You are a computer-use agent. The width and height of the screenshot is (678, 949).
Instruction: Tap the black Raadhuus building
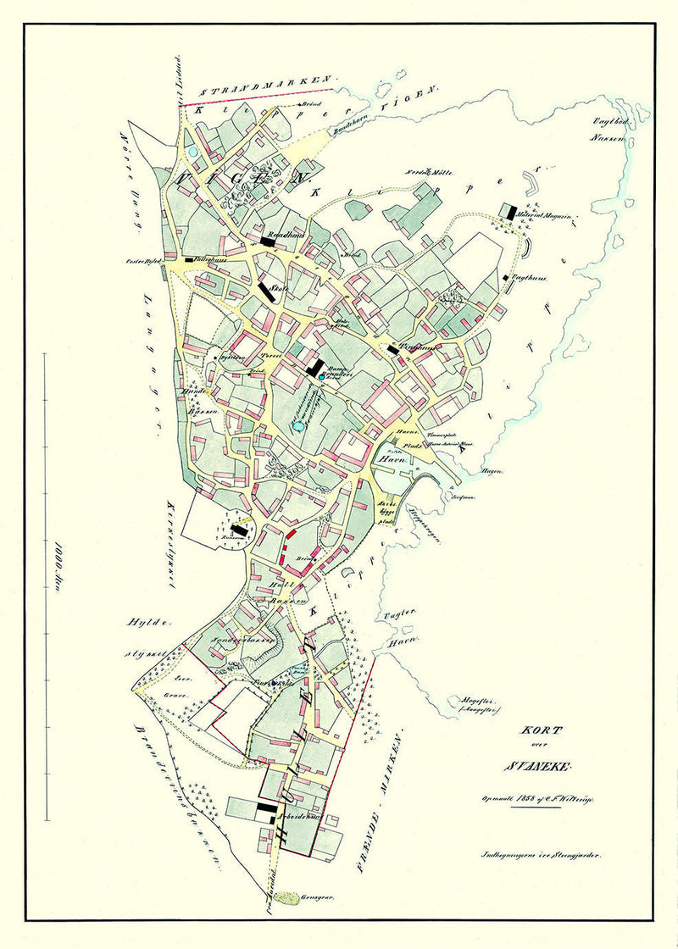click(269, 241)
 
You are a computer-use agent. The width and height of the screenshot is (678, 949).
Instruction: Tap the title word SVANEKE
click(539, 768)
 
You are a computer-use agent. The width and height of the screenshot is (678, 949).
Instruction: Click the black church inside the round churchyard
click(240, 528)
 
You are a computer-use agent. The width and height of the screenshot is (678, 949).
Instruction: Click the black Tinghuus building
click(392, 348)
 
